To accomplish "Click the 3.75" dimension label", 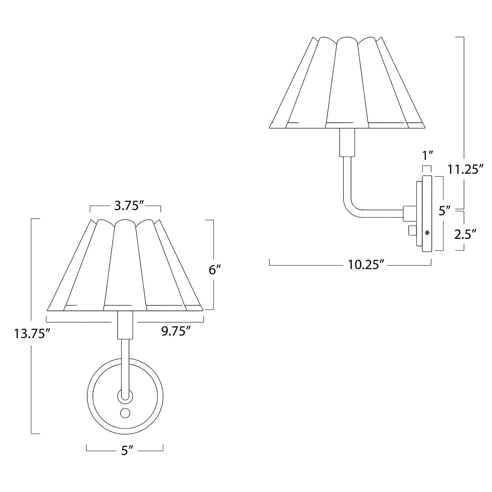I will point(125,206).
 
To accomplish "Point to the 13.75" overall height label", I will point(31,334).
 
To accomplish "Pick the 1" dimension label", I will point(428,155).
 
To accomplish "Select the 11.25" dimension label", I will point(466,170).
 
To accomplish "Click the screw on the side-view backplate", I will point(427,233).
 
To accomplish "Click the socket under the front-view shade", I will point(125,325).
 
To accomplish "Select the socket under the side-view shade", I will point(347,142).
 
